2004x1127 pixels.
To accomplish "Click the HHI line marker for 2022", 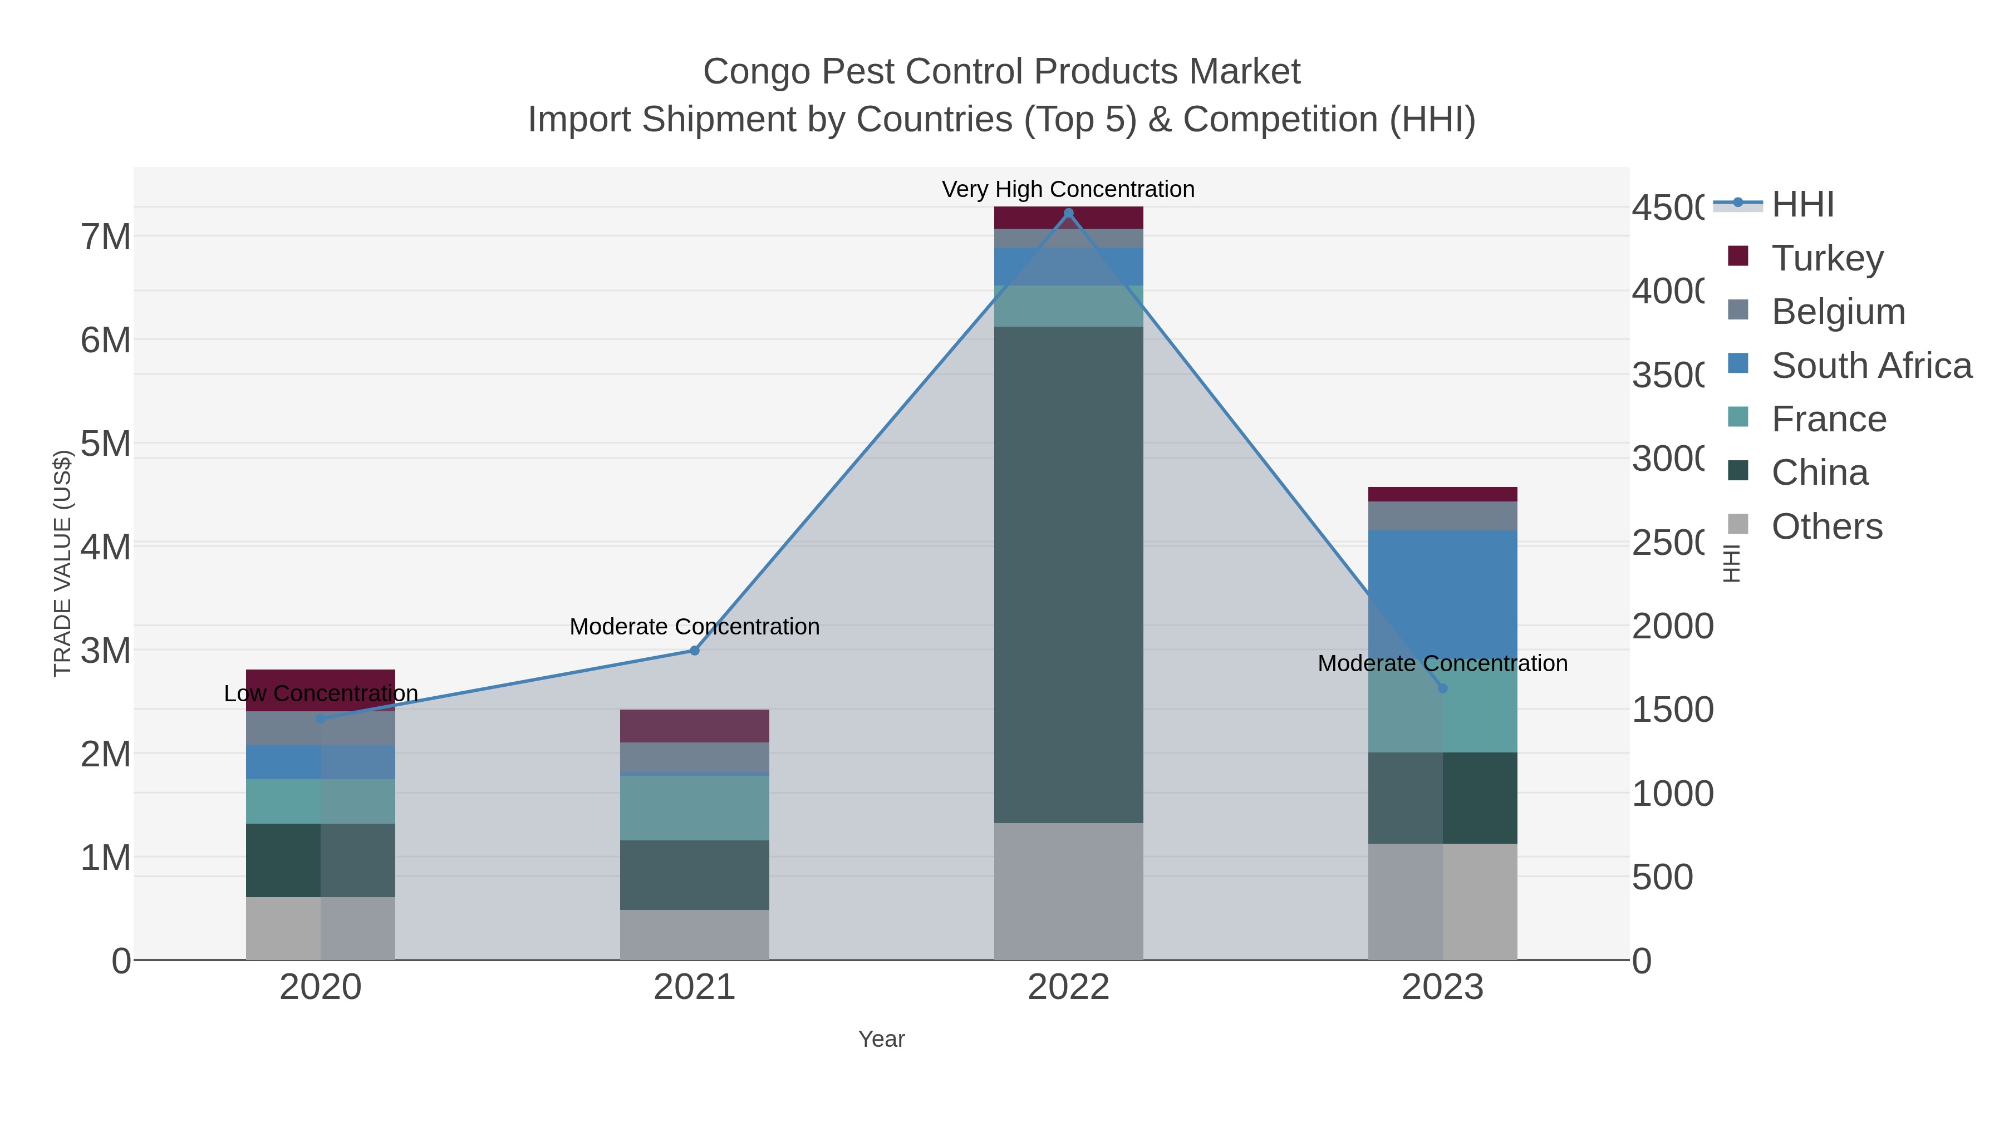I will [1068, 213].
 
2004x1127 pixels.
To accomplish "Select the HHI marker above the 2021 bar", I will [695, 650].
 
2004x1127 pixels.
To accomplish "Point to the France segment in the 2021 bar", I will [694, 808].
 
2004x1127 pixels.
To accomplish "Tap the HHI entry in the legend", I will [1802, 205].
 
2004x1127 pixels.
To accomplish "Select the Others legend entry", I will [1826, 526].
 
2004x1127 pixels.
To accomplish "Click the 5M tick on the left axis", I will [106, 444].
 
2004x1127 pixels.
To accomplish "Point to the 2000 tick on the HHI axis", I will [1673, 626].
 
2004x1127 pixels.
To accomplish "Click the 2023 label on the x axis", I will [1442, 987].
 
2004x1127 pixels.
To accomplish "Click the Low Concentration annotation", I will [321, 693].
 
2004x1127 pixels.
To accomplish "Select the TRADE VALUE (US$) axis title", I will [62, 563].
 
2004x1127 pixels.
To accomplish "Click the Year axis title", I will [881, 1039].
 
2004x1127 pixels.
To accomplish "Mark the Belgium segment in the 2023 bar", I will [1442, 516].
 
